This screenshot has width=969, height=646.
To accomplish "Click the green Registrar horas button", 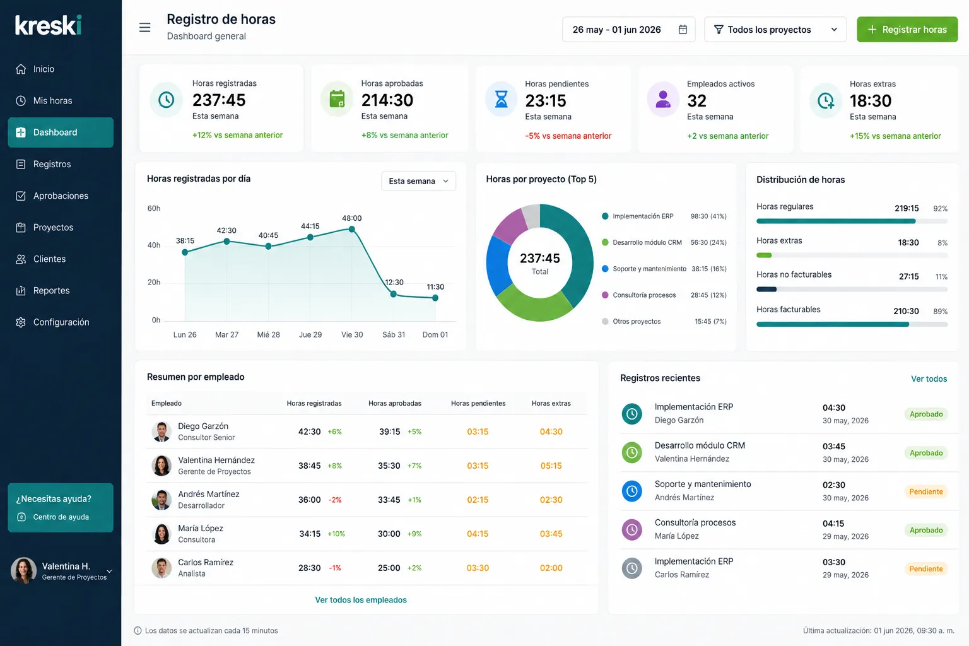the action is pos(907,30).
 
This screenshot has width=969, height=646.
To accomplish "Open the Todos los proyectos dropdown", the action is pos(775,30).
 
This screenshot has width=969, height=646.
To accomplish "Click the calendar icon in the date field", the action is pos(683,30).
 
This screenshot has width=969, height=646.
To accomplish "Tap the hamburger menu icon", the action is pos(145,28).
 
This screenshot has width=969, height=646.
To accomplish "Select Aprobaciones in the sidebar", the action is pos(61,196).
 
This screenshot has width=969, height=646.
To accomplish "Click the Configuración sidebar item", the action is pos(61,322).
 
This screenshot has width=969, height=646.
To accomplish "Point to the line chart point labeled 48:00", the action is pos(351,229).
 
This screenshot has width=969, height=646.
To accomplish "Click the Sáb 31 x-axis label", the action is pos(394,334).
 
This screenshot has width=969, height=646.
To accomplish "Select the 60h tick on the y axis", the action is pos(153,208).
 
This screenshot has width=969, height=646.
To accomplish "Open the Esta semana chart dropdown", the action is pos(418,181).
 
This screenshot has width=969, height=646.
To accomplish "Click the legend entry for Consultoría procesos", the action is pos(644,295).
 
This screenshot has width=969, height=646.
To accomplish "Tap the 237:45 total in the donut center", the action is pos(540,258).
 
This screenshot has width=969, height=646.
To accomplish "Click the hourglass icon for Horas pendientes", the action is pos(501,99).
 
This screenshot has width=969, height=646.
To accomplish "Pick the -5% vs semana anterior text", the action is pos(568,136).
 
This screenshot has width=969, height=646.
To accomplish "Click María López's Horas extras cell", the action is pos(551,534).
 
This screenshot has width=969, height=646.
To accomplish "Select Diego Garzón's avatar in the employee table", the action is pos(161,432).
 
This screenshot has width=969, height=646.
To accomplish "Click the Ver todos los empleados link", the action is pos(361,600).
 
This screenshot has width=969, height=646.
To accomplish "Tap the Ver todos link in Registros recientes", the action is pos(929,379).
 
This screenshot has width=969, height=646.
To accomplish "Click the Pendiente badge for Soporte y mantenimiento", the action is pos(925,491).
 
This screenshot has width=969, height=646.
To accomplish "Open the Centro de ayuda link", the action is pos(61,517).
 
